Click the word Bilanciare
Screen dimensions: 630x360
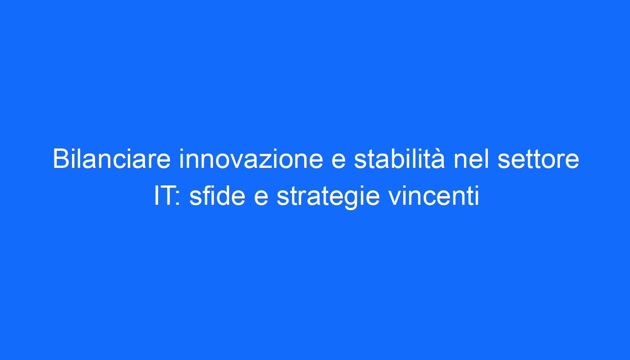pos(112,159)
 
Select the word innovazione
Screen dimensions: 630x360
pos(251,159)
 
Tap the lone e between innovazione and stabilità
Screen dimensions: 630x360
pos(338,162)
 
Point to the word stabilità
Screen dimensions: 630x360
pos(400,159)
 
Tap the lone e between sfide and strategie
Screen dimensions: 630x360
pos(261,198)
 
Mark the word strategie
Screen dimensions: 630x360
pos(328,198)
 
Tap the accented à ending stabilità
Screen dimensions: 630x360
pos(438,159)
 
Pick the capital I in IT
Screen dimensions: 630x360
pos(156,196)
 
